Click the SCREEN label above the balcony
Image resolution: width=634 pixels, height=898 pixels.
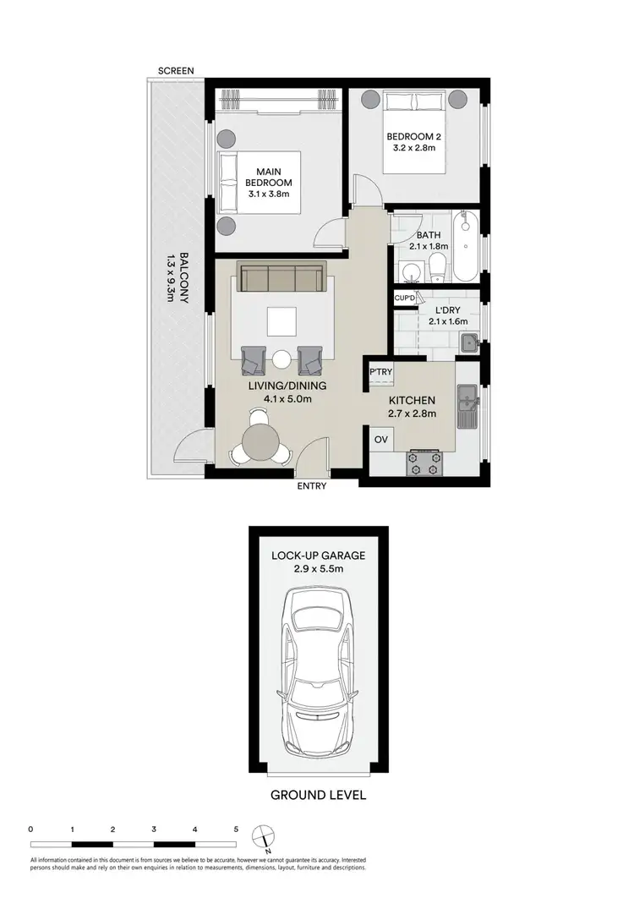[x=176, y=70]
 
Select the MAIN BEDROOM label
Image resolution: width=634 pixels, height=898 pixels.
[x=269, y=178]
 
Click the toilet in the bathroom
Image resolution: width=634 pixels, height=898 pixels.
[x=437, y=270]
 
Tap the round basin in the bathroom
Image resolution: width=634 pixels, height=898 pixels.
[x=411, y=273]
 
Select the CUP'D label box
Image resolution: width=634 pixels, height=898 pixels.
[x=404, y=298]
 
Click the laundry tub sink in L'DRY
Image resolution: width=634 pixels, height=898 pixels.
[x=469, y=343]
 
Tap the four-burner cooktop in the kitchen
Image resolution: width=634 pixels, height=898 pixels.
[x=424, y=463]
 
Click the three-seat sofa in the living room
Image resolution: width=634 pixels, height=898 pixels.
[x=281, y=277]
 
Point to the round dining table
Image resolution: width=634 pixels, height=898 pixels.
[x=260, y=440]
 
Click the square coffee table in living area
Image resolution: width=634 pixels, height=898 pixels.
[x=281, y=321]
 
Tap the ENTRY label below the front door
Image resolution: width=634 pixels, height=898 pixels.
[x=311, y=486]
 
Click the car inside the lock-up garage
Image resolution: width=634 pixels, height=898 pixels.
[x=317, y=668]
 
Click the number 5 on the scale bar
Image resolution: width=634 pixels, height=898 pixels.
[x=235, y=830]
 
